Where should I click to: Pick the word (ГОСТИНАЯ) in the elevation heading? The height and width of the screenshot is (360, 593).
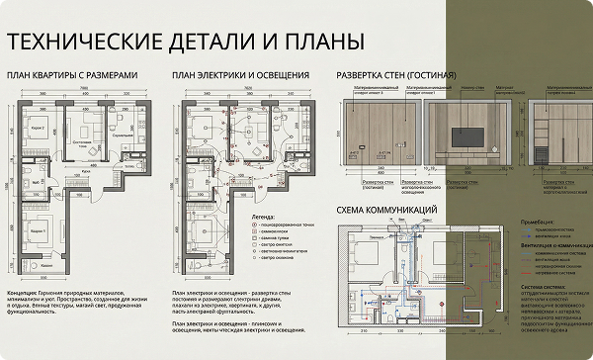[432, 76]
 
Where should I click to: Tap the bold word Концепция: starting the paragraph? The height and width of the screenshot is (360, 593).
[25, 293]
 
